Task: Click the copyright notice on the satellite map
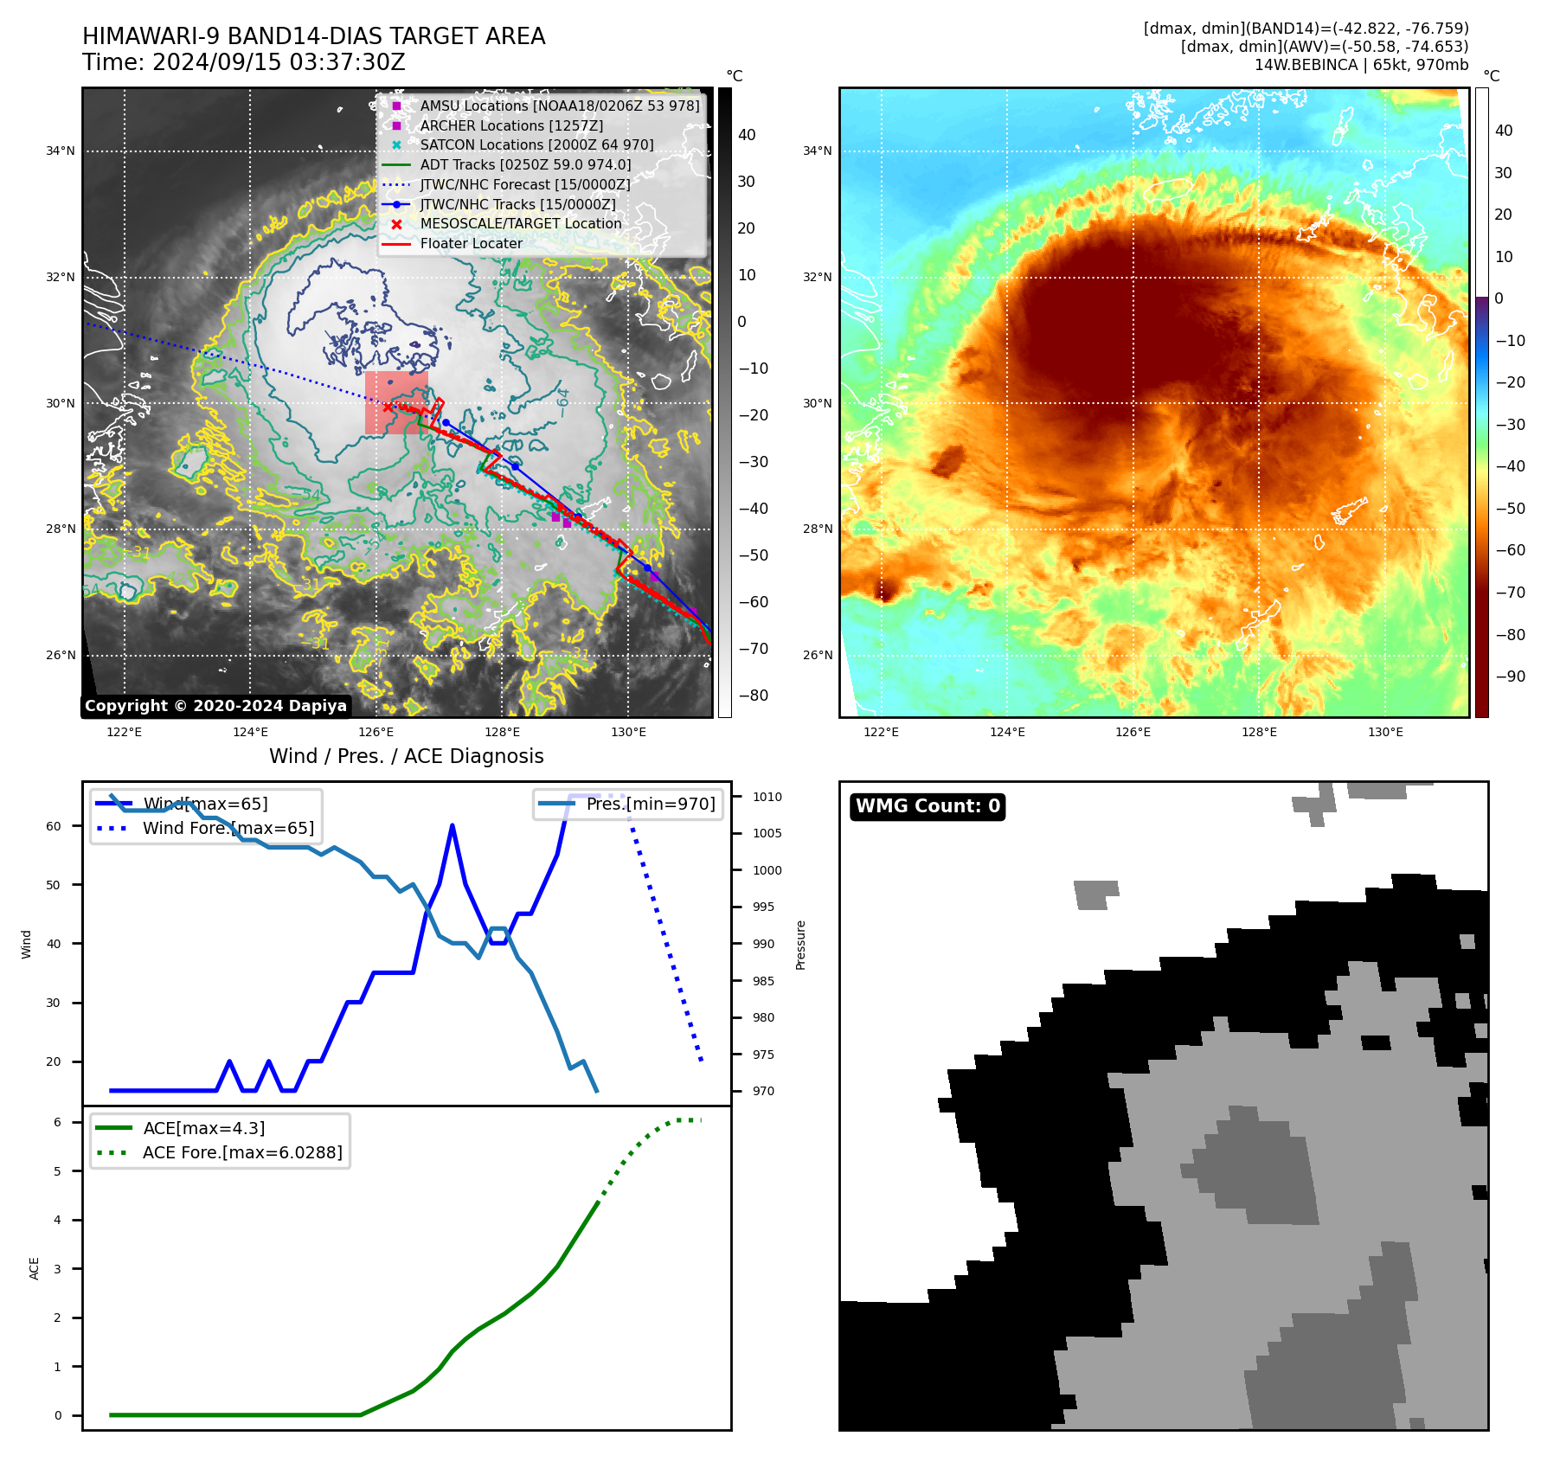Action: point(215,706)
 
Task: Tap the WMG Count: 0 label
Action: point(928,806)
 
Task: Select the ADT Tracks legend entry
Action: point(525,164)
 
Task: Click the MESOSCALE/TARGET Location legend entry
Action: point(521,223)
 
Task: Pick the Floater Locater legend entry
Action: point(471,243)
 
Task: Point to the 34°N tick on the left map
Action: point(61,151)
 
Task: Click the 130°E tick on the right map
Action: point(1385,732)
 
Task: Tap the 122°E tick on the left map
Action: point(125,732)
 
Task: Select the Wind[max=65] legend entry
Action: point(205,804)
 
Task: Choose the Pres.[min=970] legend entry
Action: point(651,804)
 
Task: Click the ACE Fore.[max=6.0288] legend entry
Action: point(242,1152)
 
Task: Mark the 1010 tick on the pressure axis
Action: point(767,797)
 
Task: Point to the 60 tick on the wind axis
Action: point(54,826)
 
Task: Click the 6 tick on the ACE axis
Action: point(57,1122)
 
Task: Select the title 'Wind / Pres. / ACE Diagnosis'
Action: point(407,756)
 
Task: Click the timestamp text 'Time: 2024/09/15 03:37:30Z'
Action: point(244,62)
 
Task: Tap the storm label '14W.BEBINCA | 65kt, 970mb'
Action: point(1361,65)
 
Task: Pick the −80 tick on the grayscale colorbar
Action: point(753,696)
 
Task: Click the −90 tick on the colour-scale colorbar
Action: point(1510,676)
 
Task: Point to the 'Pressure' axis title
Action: point(801,945)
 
